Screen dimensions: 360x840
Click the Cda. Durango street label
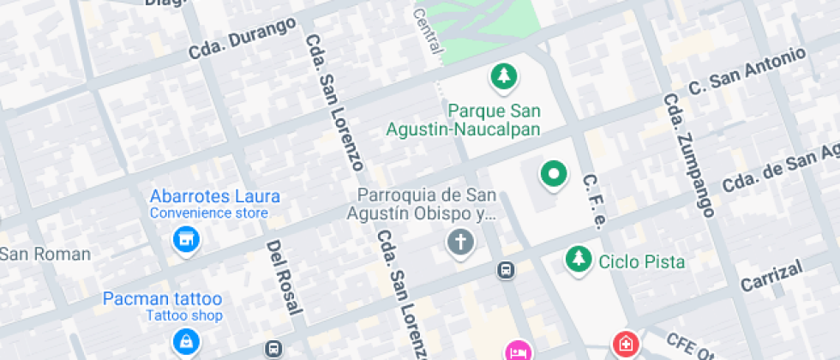tap(243, 39)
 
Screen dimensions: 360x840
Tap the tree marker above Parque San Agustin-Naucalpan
tap(504, 77)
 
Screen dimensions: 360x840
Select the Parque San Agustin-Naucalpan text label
tap(495, 120)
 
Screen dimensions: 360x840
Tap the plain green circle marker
tap(553, 175)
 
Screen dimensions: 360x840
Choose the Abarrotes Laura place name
tap(215, 196)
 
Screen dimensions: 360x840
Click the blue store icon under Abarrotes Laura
tap(185, 240)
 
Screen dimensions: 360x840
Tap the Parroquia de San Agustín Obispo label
tap(422, 205)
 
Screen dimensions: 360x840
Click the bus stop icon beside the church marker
tap(506, 271)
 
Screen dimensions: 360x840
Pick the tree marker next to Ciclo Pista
tap(579, 259)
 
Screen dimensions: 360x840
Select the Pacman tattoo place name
tap(162, 299)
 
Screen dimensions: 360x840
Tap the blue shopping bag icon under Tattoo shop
tap(184, 342)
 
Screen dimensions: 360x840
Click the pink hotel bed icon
tap(518, 350)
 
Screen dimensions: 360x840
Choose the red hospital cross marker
tap(626, 345)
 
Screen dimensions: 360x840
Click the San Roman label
tap(45, 254)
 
